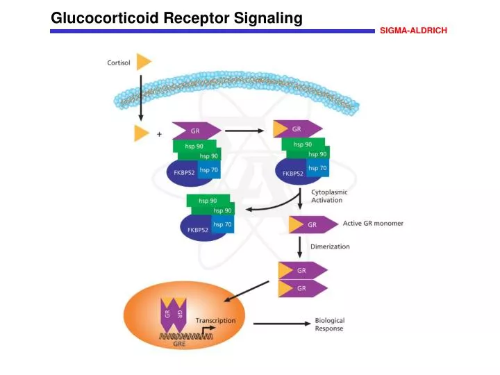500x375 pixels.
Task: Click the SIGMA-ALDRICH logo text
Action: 413,31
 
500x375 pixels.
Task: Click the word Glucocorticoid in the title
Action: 106,19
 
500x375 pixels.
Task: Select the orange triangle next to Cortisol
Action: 143,61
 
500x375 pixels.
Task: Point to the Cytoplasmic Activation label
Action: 329,196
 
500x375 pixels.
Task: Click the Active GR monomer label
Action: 373,224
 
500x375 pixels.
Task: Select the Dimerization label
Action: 330,247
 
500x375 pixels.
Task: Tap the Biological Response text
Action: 330,324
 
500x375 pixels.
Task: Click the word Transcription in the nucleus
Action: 215,321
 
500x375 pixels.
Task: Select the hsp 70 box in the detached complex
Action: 223,224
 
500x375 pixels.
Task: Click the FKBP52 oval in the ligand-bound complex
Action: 292,174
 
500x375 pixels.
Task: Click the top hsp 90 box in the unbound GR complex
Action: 194,146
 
